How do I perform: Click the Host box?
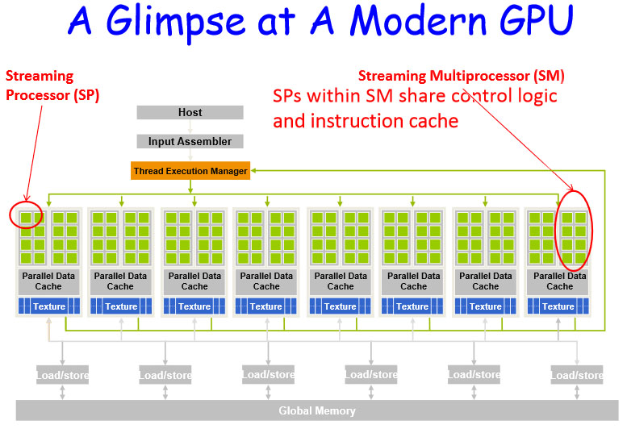click(x=190, y=113)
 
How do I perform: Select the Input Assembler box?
click(x=190, y=142)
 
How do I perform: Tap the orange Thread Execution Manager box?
click(x=190, y=171)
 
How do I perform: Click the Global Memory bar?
click(x=316, y=410)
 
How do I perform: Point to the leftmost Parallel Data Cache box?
click(x=47, y=281)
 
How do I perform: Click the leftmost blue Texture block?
click(x=47, y=306)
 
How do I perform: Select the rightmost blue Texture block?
click(x=558, y=306)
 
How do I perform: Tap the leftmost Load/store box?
click(x=62, y=375)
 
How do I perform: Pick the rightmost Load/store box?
click(x=577, y=375)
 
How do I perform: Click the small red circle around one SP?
click(x=26, y=217)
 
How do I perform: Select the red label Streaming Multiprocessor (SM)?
click(x=461, y=77)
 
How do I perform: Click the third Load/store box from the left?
click(x=268, y=375)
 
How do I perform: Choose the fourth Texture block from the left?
click(x=266, y=306)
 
